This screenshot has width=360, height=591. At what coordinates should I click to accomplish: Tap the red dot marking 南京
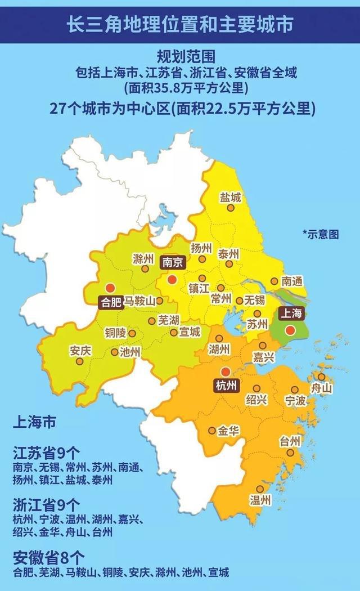tap(172, 279)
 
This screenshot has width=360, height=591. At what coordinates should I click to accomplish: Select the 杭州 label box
tap(226, 386)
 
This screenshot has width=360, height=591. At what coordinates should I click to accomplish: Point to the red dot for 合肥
tap(110, 286)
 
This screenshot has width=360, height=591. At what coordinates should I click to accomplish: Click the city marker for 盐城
tap(230, 208)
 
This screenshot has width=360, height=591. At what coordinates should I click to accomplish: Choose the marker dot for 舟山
tap(321, 377)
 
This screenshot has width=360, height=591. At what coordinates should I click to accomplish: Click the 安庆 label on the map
tap(80, 350)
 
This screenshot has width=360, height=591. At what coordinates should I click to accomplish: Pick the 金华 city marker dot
tap(211, 431)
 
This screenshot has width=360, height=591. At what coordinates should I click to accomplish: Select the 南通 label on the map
tap(293, 280)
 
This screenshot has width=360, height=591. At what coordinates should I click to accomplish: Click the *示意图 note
tap(321, 234)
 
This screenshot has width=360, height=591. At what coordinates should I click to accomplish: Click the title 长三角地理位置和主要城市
tap(180, 25)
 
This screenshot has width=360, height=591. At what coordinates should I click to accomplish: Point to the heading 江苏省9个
tap(46, 454)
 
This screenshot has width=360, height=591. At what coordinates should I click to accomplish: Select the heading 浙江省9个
tap(46, 504)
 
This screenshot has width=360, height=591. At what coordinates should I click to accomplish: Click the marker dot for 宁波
tap(294, 390)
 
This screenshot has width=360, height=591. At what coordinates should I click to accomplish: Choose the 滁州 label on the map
tap(143, 259)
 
